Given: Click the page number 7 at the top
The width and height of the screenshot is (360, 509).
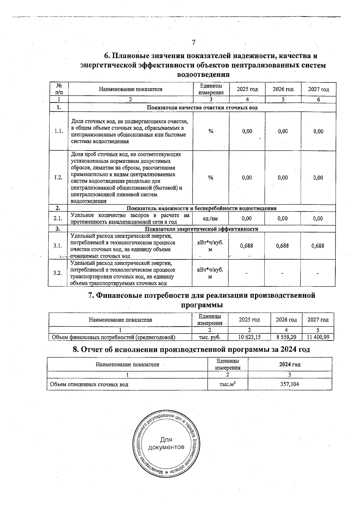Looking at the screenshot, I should click(193, 43).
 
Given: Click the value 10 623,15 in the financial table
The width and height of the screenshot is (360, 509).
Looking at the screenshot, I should click(249, 337).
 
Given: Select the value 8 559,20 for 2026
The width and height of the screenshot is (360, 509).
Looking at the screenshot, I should click(286, 337).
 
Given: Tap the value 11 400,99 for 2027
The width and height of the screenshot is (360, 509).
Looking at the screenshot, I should click(318, 337).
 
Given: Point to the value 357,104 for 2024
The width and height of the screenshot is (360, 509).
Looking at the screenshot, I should click(289, 384).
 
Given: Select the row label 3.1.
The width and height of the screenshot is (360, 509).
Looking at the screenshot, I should click(58, 246).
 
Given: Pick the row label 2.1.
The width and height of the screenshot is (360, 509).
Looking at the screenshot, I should click(58, 219).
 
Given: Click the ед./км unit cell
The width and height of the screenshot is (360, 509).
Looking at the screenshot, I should click(210, 219).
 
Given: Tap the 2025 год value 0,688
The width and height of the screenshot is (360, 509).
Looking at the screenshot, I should click(247, 246).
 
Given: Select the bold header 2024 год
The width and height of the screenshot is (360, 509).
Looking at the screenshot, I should click(289, 365).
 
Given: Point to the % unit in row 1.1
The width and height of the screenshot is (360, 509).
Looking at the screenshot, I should click(211, 131).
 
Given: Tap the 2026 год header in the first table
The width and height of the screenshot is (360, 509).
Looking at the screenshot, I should click(283, 89).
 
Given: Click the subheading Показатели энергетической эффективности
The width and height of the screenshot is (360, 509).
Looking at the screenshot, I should click(201, 229).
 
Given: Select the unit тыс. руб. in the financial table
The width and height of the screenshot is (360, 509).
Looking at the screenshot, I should click(210, 337).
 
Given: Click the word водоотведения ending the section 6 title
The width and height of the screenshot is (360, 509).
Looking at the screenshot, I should click(203, 74).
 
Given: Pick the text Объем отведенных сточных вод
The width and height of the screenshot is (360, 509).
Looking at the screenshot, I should click(89, 385).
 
